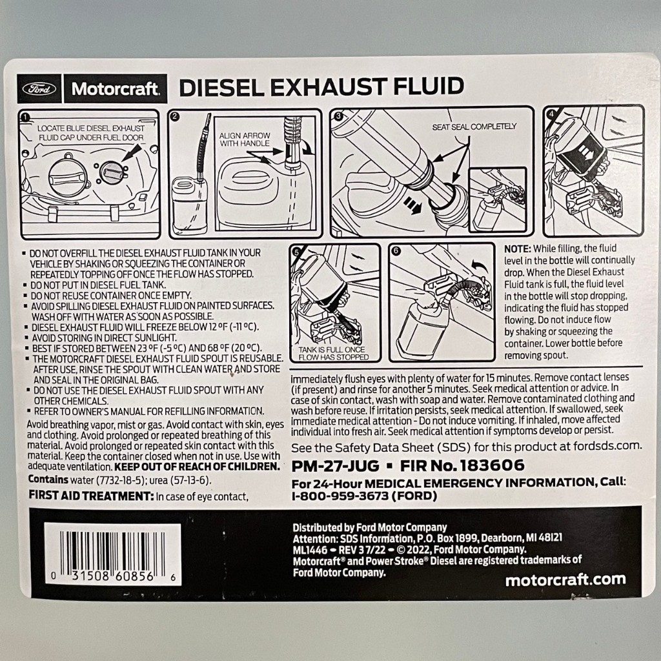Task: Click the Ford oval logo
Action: (39, 88)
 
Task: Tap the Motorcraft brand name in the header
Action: (116, 89)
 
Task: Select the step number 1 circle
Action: (25, 117)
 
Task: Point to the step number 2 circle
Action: (176, 117)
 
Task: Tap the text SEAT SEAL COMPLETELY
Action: (474, 127)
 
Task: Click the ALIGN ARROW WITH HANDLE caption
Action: (245, 139)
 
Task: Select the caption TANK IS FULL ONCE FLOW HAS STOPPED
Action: (334, 353)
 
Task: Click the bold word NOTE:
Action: (518, 249)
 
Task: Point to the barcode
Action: (112, 553)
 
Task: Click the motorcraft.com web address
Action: (565, 580)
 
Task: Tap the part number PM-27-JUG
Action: (336, 466)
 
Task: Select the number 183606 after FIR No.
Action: (493, 465)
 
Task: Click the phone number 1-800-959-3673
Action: (340, 496)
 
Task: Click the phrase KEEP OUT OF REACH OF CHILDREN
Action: (198, 467)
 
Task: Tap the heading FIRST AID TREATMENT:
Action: (91, 496)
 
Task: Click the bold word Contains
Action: (48, 480)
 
